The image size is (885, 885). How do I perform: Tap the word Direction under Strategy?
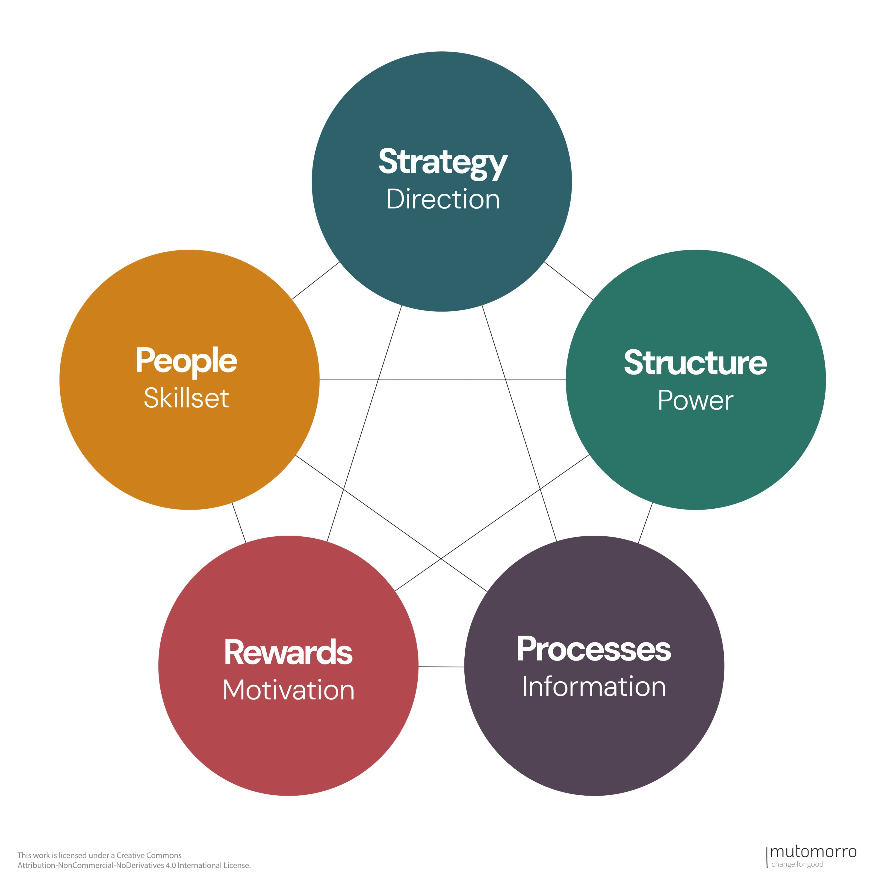[x=443, y=199]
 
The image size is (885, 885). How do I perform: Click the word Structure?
[x=695, y=363]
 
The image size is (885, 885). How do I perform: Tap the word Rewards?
[x=288, y=652]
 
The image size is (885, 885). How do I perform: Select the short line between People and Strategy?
[x=316, y=280]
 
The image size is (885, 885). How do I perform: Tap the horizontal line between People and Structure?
[x=442, y=380]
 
